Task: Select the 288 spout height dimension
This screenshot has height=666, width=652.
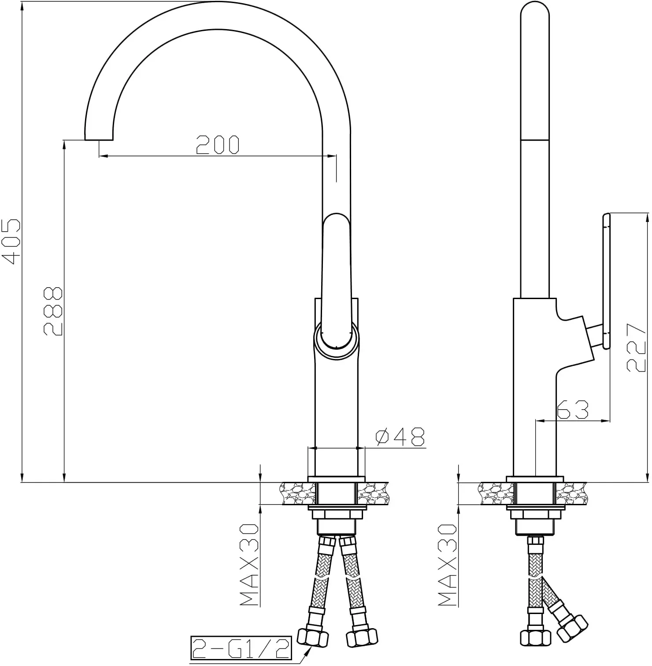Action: (53, 311)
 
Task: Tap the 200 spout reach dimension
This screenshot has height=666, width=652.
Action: (218, 144)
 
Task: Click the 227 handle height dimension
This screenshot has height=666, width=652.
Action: (636, 348)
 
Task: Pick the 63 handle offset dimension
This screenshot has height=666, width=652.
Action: (573, 410)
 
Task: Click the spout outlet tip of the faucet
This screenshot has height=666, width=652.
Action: (99, 139)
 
